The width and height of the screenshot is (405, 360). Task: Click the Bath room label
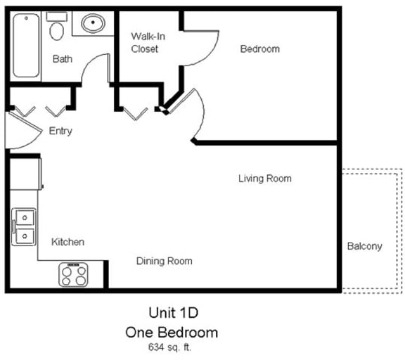[63, 59]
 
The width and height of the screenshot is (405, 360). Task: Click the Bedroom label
[259, 49]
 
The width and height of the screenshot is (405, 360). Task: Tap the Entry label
[60, 131]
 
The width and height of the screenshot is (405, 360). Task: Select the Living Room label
[264, 179]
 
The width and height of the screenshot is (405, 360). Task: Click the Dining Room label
[164, 261]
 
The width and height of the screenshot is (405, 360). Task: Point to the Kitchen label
[67, 242]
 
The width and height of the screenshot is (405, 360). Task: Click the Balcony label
[364, 246]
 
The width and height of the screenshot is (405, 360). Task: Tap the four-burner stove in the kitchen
[73, 274]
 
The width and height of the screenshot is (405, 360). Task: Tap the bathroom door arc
[94, 69]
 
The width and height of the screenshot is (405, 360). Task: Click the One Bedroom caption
[171, 331]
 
